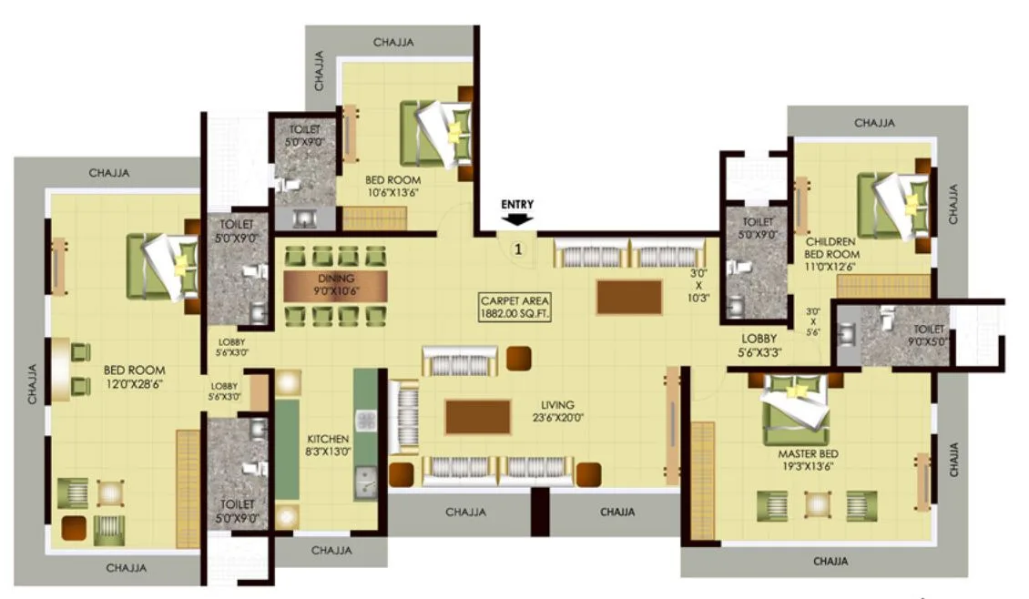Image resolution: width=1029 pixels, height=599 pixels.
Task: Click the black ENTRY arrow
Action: click(517, 219)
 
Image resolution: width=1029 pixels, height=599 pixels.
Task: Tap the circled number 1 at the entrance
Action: click(518, 248)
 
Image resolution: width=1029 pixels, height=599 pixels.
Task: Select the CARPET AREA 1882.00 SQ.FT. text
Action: click(517, 306)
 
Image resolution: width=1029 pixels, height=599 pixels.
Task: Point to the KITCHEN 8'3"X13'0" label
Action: click(328, 443)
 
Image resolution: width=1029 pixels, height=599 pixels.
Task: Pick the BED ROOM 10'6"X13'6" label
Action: click(393, 187)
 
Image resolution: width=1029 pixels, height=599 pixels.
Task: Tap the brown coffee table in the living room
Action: click(477, 416)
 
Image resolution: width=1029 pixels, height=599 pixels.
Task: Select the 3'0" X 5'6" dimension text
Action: click(812, 321)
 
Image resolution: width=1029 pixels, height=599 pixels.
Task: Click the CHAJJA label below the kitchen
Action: click(331, 551)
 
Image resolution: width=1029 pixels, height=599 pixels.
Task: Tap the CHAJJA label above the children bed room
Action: click(874, 123)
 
